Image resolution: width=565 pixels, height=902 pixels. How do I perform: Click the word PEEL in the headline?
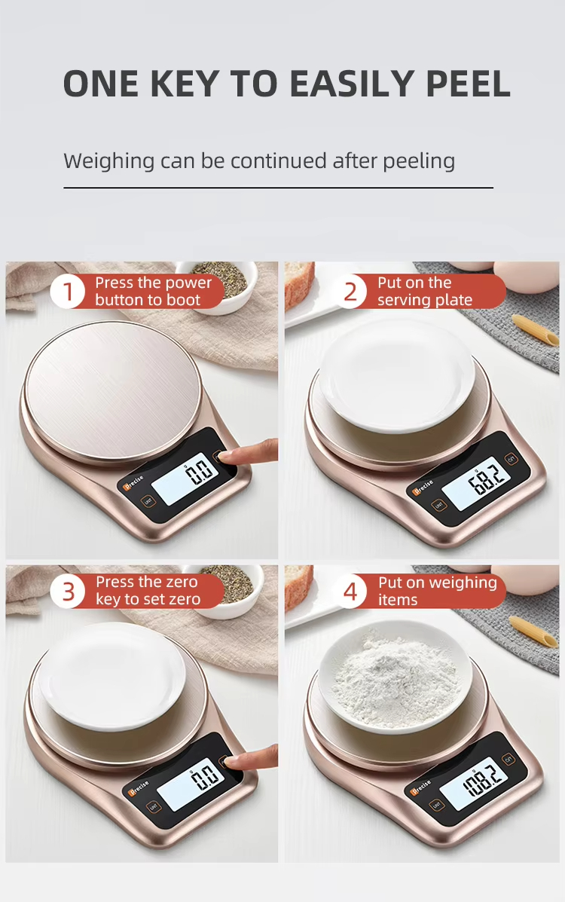click(469, 84)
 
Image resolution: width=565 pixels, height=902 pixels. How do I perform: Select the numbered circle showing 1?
click(67, 292)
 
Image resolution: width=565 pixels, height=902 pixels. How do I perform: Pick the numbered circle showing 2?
click(350, 292)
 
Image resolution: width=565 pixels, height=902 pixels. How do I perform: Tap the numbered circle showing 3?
click(68, 592)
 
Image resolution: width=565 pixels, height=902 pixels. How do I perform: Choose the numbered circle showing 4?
click(350, 592)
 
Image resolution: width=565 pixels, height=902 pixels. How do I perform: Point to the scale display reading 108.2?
click(476, 781)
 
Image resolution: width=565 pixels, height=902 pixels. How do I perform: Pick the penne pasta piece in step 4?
click(533, 631)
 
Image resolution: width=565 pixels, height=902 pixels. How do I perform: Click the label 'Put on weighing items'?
click(437, 592)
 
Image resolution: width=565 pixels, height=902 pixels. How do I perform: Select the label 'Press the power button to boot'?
click(153, 292)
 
